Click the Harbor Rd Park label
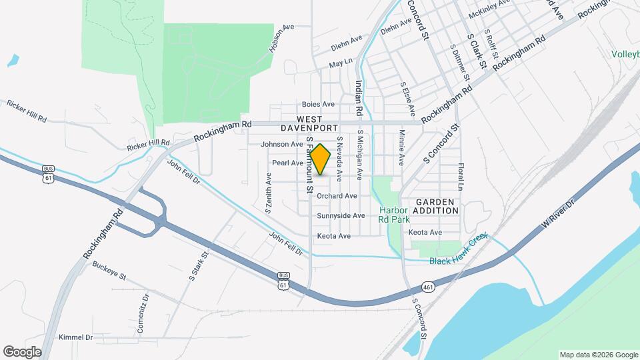[393, 213]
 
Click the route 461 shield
[427, 287]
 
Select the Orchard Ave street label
[337, 196]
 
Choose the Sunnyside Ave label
[341, 216]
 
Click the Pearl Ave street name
[288, 163]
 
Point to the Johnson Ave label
[282, 144]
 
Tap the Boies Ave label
[318, 105]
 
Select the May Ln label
[340, 66]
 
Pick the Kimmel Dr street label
[75, 337]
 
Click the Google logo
[22, 352]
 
